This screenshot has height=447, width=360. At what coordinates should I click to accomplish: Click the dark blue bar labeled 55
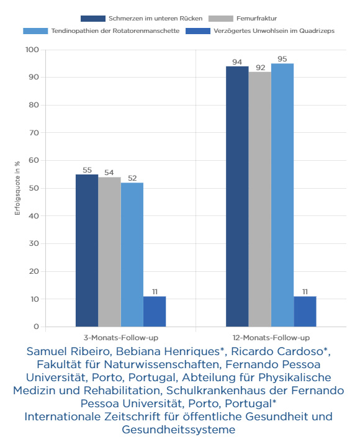87,251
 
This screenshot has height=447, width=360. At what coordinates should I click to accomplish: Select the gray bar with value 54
109,252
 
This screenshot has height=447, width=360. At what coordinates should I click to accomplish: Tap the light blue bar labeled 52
132,255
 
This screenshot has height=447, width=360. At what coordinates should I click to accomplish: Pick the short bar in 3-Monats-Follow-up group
155,312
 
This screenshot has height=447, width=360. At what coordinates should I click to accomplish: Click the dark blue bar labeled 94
237,196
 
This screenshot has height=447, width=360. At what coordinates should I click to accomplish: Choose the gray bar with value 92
259,199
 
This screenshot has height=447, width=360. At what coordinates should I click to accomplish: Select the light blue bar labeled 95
282,195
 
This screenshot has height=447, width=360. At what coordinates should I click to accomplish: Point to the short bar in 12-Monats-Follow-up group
305,312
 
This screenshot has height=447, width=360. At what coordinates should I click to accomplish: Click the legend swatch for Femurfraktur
220,19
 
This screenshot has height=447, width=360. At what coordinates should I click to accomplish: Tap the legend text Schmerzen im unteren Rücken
156,19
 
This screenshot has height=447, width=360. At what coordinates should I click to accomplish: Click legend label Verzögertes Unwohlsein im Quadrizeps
274,31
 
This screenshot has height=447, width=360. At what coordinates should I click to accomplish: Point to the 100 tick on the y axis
32,50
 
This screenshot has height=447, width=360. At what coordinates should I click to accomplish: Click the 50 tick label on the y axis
34,188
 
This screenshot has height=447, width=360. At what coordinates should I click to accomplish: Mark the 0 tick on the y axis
36,327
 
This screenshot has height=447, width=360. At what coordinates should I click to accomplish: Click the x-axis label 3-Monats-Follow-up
121,338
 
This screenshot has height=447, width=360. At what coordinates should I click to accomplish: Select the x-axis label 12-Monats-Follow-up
271,338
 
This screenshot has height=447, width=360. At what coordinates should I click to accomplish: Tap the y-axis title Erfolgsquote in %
17,188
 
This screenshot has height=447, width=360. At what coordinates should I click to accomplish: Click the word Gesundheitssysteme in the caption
179,430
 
